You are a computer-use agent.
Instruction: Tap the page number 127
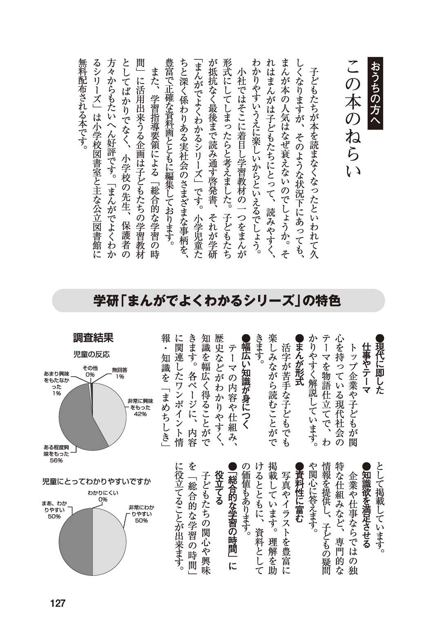(x=58, y=603)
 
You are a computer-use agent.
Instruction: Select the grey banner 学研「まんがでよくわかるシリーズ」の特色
(x=218, y=301)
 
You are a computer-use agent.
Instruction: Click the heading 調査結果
(x=93, y=338)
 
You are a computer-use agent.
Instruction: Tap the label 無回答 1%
(x=120, y=373)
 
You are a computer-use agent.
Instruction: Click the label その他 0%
(x=90, y=371)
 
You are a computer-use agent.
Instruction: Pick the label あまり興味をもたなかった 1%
(x=57, y=383)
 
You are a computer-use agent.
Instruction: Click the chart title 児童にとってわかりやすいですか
(x=96, y=481)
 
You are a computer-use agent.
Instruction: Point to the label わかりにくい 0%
(x=103, y=496)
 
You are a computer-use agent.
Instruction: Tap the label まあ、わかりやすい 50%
(x=54, y=509)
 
